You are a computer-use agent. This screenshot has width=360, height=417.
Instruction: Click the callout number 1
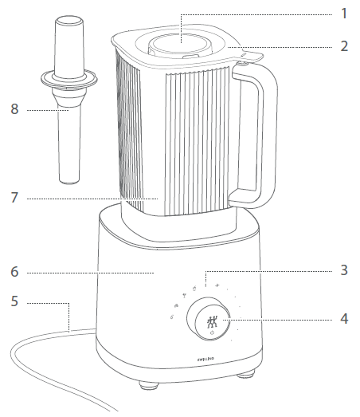[x=344, y=14]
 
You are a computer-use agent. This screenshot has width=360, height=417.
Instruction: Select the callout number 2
[x=344, y=45]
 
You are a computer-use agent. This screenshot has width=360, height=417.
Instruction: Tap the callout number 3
[x=344, y=270]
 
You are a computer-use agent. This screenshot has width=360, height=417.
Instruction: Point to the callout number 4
[x=344, y=318]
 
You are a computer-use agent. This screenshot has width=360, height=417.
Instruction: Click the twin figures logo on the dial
[x=212, y=322]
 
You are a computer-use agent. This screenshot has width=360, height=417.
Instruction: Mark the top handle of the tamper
[x=68, y=44]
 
